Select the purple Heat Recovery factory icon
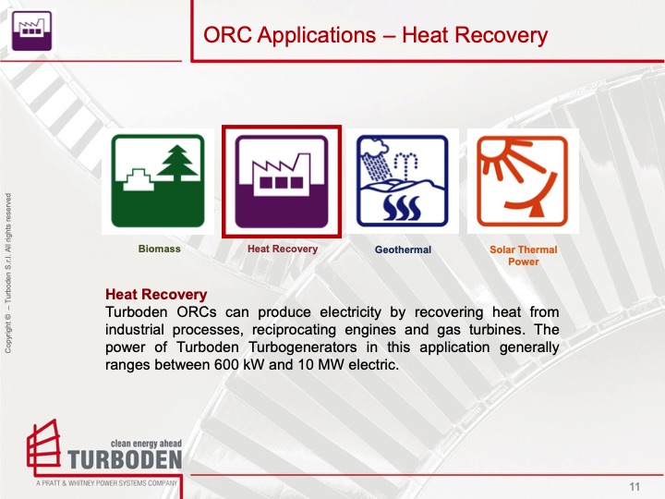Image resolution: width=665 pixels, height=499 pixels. pyautogui.click(x=281, y=181)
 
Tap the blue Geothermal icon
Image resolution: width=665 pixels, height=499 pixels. pyautogui.click(x=402, y=181)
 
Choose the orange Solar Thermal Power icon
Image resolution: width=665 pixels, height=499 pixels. pyautogui.click(x=523, y=181)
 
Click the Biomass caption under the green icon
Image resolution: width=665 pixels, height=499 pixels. pyautogui.click(x=159, y=249)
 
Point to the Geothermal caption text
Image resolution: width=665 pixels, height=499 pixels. pyautogui.click(x=403, y=249)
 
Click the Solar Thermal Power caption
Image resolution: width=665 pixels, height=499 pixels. pyautogui.click(x=523, y=255)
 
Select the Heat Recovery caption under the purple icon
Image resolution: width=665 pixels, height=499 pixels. pyautogui.click(x=282, y=249)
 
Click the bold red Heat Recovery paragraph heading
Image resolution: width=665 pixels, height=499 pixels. pyautogui.click(x=156, y=295)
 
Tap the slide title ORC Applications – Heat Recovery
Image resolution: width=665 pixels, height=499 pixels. pyautogui.click(x=375, y=36)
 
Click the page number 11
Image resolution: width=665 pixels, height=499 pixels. pyautogui.click(x=635, y=487)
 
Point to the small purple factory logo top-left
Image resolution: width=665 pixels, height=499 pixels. pyautogui.click(x=30, y=30)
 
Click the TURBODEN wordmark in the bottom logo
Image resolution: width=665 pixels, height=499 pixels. pyautogui.click(x=125, y=460)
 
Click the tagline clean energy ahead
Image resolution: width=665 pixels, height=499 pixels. pyautogui.click(x=146, y=443)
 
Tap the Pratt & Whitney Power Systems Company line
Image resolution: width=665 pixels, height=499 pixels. pyautogui.click(x=106, y=483)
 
